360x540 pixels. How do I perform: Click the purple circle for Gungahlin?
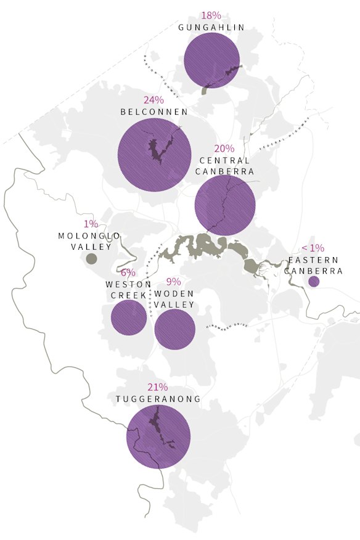pyautogui.click(x=211, y=60)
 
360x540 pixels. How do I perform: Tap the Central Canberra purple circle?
pyautogui.click(x=225, y=205)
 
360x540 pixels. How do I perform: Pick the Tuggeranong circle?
pyautogui.click(x=157, y=436)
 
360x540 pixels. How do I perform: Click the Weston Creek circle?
pyautogui.click(x=129, y=317)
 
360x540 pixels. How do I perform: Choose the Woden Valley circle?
pyautogui.click(x=174, y=329)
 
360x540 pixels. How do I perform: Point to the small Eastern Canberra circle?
pyautogui.click(x=313, y=282)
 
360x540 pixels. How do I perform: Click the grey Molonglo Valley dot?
pyautogui.click(x=91, y=259)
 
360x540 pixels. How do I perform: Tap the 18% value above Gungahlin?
pyautogui.click(x=211, y=15)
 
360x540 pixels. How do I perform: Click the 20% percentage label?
pyautogui.click(x=224, y=149)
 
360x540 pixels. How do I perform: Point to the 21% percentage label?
pyautogui.click(x=158, y=387)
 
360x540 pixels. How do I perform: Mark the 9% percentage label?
pyautogui.click(x=174, y=282)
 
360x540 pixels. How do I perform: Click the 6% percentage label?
pyautogui.click(x=128, y=272)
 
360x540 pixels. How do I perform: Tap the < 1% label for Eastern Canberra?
pyautogui.click(x=313, y=248)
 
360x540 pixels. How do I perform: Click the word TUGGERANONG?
pyautogui.click(x=158, y=399)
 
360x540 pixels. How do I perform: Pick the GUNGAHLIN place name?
pyautogui.click(x=211, y=28)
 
